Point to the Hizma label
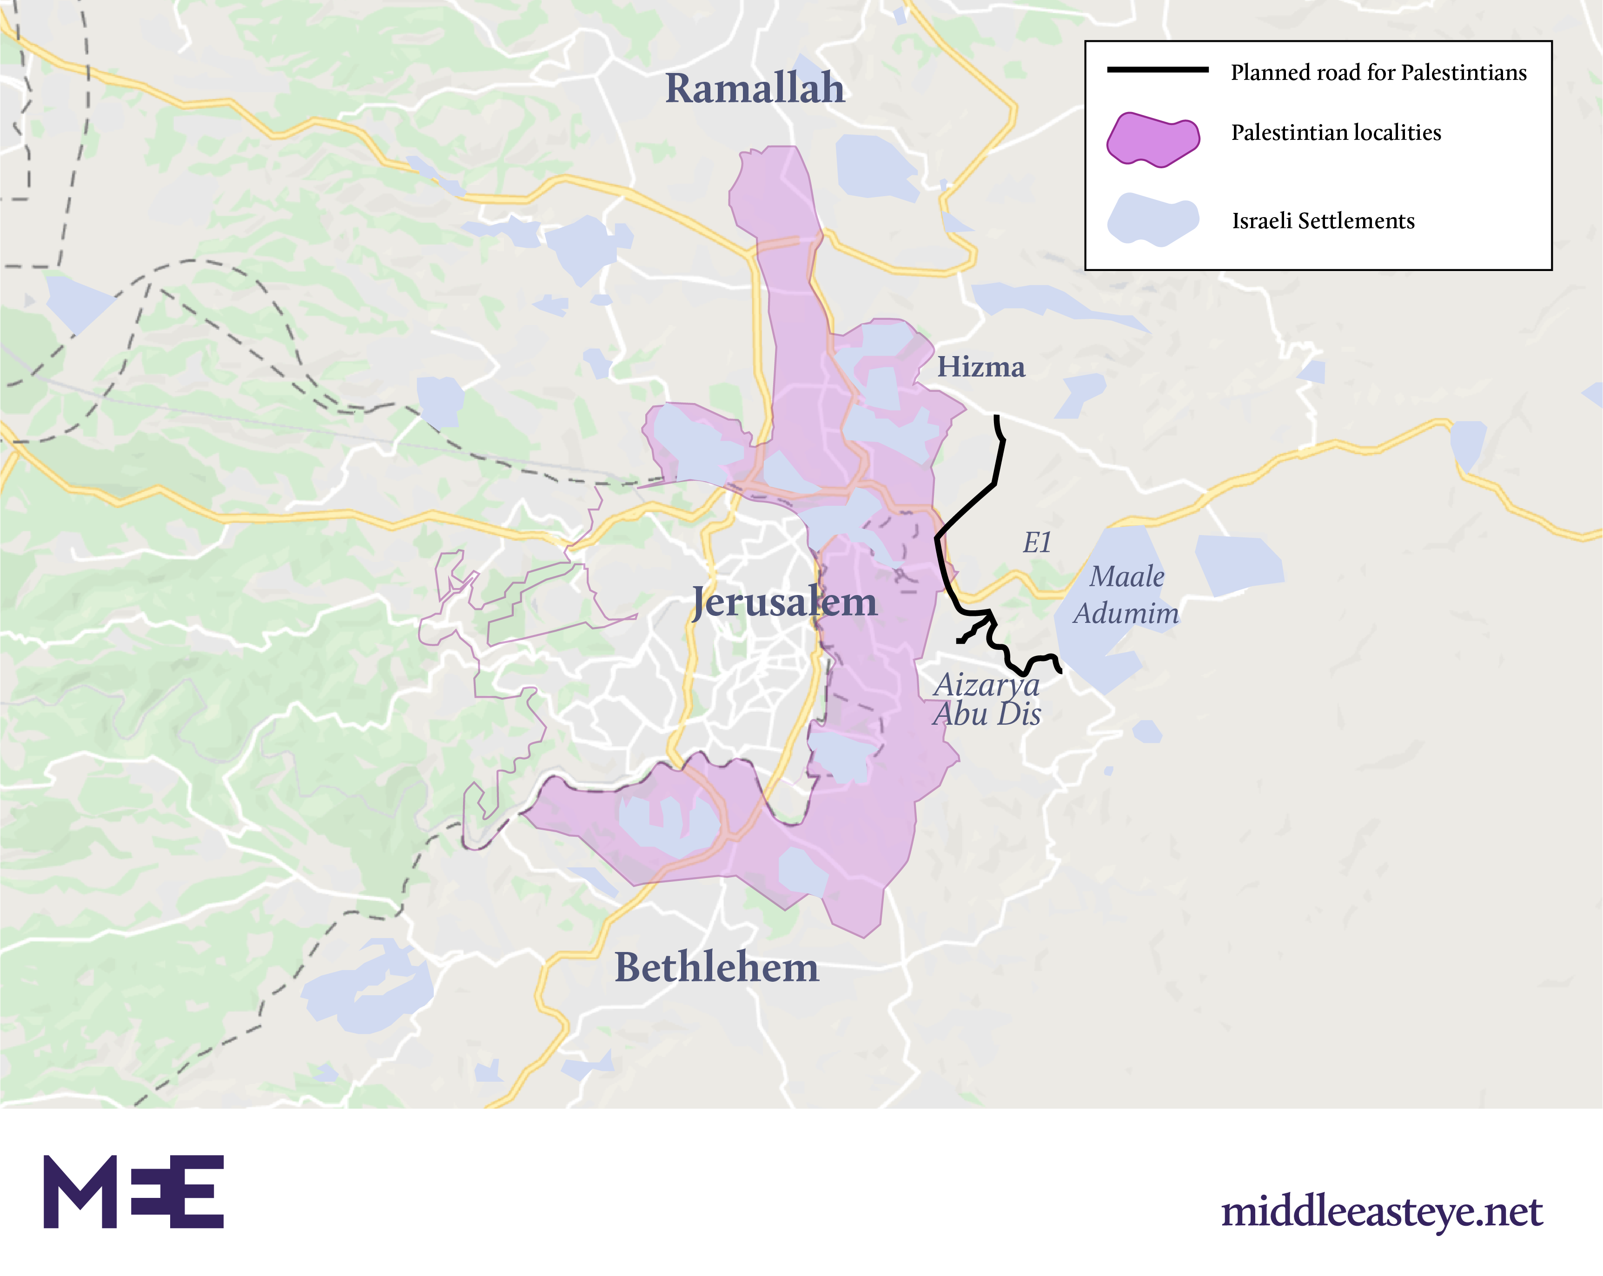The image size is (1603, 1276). pos(980,367)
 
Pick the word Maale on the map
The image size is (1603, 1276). pos(1126,577)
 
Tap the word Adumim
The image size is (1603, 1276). pos(1126,614)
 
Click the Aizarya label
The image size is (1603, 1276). pos(986,685)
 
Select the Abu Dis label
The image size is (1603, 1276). pos(987,714)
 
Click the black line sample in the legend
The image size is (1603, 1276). pos(1158,70)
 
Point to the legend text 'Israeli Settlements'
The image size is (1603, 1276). pos(1323,221)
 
